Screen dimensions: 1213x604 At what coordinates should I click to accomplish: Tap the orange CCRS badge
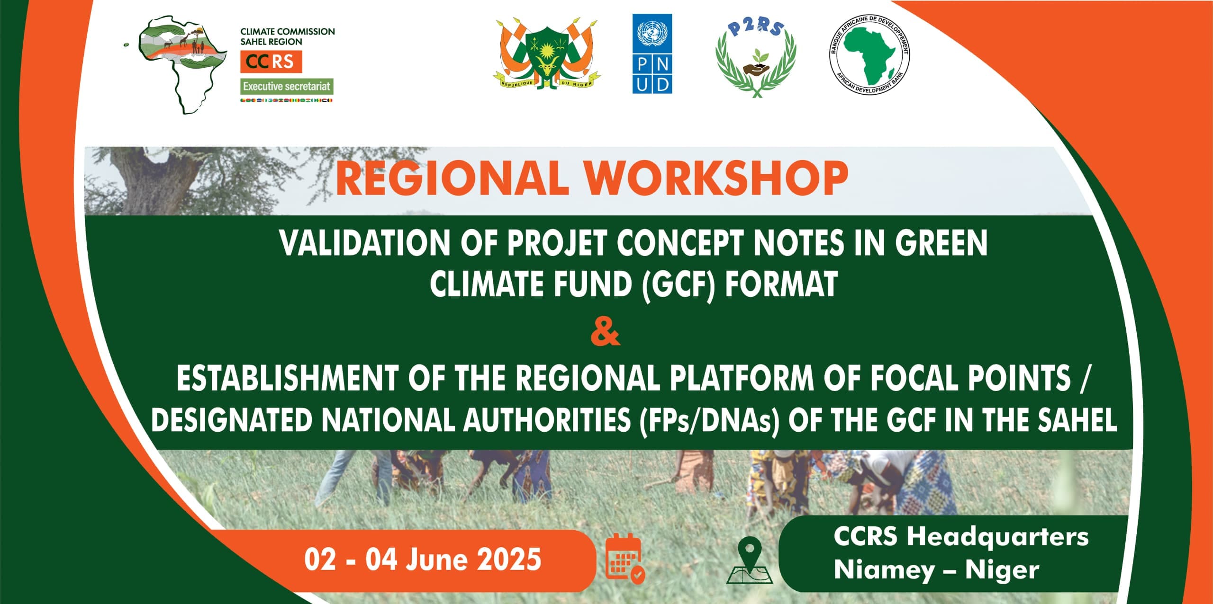[271, 62]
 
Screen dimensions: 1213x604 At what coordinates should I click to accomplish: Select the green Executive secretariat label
[287, 86]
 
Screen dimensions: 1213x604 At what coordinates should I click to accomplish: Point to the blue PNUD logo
[652, 53]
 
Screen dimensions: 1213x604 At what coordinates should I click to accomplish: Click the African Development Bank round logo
[869, 54]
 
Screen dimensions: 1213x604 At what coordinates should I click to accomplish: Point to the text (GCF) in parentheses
[678, 285]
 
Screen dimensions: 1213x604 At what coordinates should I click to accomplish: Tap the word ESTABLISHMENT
[288, 379]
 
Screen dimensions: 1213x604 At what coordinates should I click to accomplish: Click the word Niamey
[883, 570]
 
